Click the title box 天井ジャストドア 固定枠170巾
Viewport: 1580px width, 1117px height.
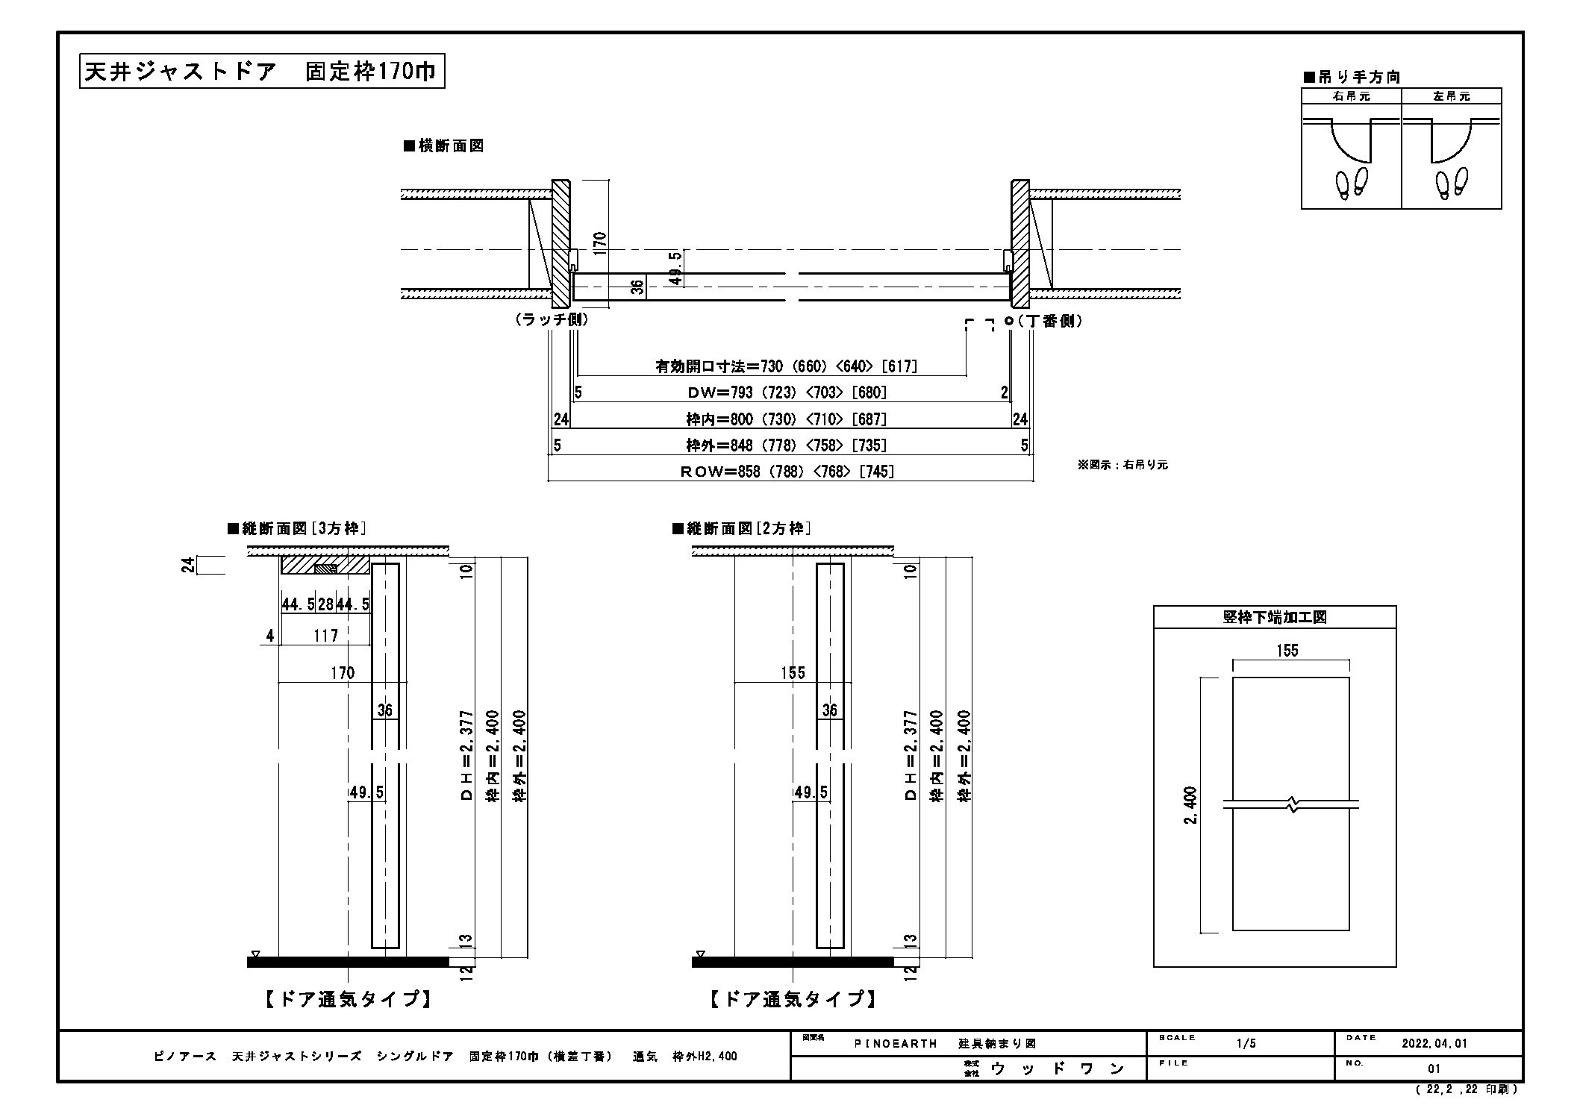pos(262,72)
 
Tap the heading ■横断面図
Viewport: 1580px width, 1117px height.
pos(443,146)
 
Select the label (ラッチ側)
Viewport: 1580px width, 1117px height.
pos(552,319)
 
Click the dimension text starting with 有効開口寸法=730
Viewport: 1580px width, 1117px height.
pos(786,366)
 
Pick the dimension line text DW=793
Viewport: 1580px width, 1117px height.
pos(787,392)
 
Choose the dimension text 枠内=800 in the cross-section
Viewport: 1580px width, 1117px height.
pos(787,419)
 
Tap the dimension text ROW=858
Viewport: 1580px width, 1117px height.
pos(787,471)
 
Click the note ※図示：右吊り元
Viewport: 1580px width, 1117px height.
pos(1122,464)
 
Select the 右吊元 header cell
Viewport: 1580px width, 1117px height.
pos(1351,96)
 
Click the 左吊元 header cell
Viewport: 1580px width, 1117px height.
pos(1451,96)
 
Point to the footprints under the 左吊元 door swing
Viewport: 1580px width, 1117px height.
pos(1451,182)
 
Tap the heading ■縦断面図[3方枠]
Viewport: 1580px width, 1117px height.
pos(296,528)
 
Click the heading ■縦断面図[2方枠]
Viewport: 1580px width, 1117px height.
pos(741,528)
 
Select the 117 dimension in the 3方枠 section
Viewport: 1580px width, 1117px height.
pos(325,636)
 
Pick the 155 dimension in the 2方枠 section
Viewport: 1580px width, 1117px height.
pos(793,673)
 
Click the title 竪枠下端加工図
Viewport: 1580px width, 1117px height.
pos(1274,617)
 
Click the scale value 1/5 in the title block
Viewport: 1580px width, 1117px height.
pos(1246,1044)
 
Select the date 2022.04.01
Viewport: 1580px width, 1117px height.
pos(1434,1044)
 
